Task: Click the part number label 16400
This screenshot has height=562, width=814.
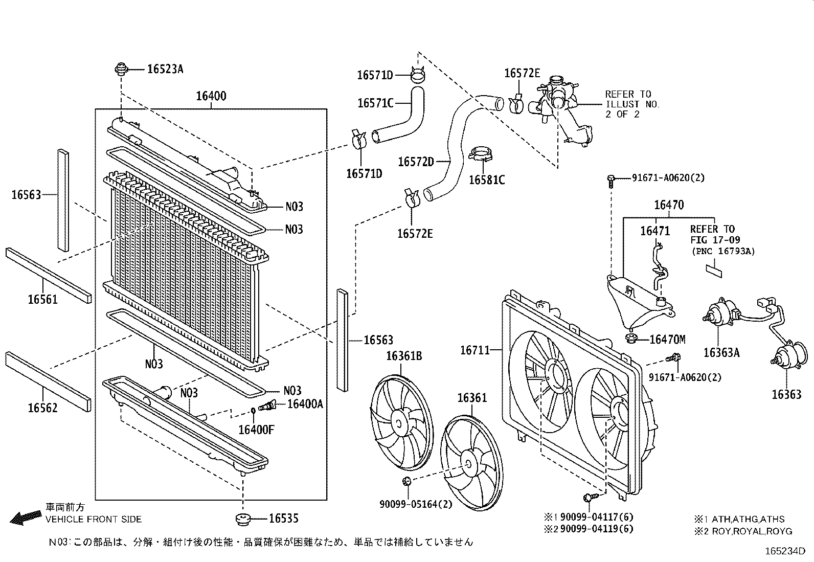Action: (x=211, y=96)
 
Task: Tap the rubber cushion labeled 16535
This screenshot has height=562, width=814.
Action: (x=244, y=519)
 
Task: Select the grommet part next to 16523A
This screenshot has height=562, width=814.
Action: (x=122, y=69)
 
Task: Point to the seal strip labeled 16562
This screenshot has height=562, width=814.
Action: (x=49, y=381)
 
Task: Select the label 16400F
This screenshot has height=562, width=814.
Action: (x=256, y=430)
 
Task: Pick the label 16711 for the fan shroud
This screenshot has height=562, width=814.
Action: (x=475, y=350)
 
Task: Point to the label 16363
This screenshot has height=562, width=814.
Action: (x=786, y=394)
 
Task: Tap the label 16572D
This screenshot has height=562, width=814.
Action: (x=415, y=162)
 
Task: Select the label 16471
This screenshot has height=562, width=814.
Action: (x=654, y=231)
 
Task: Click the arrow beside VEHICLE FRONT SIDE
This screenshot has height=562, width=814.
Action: (x=26, y=518)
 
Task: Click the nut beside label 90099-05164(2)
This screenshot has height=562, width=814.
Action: (x=407, y=481)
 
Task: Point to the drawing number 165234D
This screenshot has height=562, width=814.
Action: (x=785, y=551)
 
